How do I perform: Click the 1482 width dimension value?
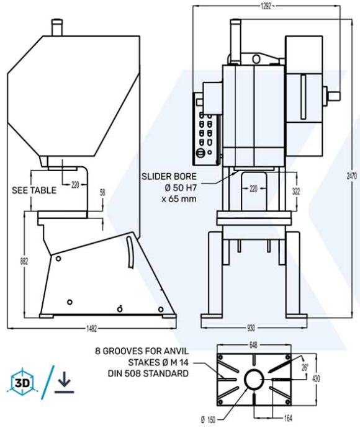pyautogui.click(x=92, y=328)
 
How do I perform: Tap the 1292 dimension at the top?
pyautogui.click(x=266, y=6)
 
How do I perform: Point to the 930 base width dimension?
pyautogui.click(x=251, y=328)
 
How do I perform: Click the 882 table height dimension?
pyautogui.click(x=24, y=261)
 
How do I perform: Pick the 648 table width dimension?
pyautogui.click(x=253, y=346)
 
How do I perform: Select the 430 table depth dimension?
pyautogui.click(x=316, y=378)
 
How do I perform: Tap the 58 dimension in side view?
pyautogui.click(x=102, y=193)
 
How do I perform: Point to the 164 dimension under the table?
pyautogui.click(x=287, y=417)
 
